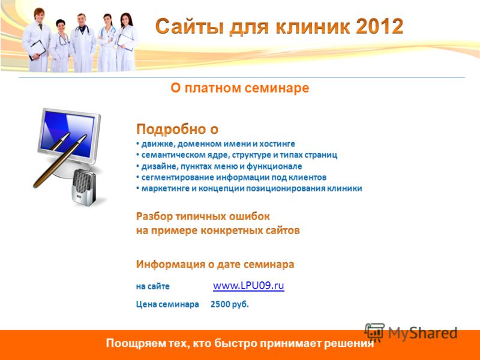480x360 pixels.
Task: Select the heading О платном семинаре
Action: click(239, 88)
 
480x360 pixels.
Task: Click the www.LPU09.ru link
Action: click(248, 286)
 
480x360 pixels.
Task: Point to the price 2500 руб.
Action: click(230, 304)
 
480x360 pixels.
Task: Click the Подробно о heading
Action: click(177, 129)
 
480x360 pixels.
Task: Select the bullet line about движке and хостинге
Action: click(215, 144)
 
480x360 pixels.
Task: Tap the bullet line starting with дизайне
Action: click(219, 166)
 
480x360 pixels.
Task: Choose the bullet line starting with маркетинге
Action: click(249, 188)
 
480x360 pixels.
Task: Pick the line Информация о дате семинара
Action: click(215, 264)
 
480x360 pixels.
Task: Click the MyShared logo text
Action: click(423, 333)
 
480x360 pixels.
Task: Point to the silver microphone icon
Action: click(83, 187)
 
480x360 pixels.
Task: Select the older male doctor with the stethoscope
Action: click(82, 42)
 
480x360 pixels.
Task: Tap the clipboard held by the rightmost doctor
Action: click(125, 41)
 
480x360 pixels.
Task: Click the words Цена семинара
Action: click(167, 304)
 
